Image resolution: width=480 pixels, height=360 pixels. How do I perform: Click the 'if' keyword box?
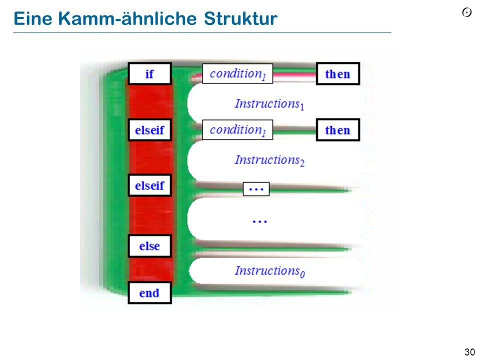tap(149, 73)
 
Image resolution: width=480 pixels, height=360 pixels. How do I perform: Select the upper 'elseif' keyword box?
tap(149, 130)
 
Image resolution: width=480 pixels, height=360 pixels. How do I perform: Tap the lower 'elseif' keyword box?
tap(149, 185)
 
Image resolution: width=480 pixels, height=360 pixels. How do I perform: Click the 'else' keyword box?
tap(149, 246)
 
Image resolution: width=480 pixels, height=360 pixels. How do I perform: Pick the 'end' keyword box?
tap(149, 292)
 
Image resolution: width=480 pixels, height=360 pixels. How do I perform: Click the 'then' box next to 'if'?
tap(337, 73)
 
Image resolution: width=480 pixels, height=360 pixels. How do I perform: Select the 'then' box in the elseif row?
tap(337, 130)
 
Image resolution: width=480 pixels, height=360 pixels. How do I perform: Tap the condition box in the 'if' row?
tap(237, 73)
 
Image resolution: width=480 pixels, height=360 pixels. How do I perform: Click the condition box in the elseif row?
tap(237, 130)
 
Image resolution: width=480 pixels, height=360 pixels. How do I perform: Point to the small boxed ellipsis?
tap(256, 189)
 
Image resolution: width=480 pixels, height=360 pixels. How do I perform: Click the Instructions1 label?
tap(269, 104)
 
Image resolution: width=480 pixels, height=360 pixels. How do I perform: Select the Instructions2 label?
tap(269, 160)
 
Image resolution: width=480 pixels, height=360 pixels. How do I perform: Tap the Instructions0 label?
tap(269, 271)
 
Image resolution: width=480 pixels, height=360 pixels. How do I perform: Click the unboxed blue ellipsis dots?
tap(259, 221)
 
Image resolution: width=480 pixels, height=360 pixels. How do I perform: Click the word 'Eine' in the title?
tap(33, 18)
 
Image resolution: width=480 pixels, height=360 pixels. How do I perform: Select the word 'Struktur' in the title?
tap(240, 18)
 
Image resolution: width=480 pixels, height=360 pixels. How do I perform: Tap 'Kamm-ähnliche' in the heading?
tap(127, 18)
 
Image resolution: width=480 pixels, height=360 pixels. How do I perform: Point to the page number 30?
tap(469, 351)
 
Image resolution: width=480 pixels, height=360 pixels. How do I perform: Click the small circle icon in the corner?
tap(467, 12)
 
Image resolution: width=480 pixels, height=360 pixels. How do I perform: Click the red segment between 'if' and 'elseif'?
tap(149, 101)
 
